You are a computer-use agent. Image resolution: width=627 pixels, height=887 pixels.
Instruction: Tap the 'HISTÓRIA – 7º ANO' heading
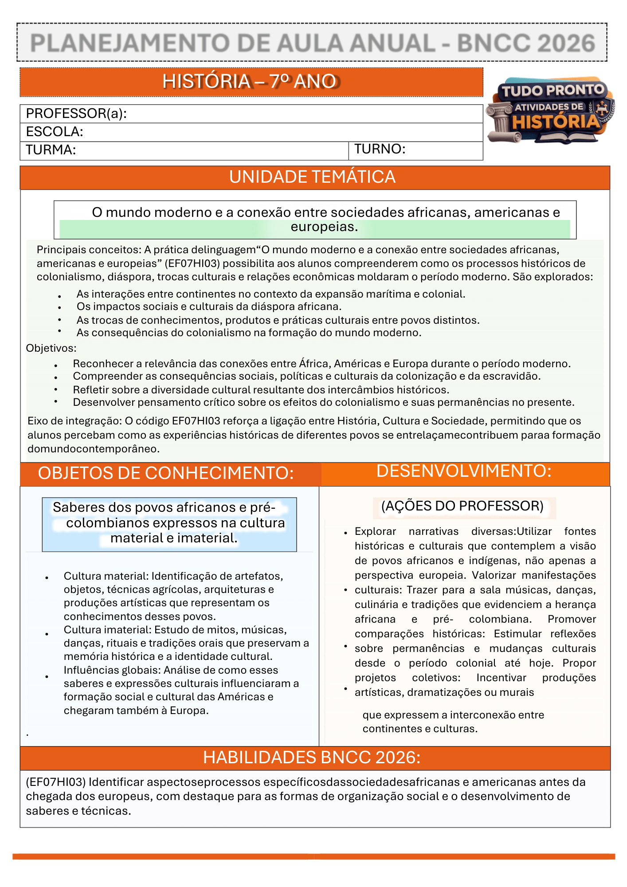[250, 82]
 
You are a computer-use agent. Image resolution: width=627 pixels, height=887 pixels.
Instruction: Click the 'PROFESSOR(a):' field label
[76, 114]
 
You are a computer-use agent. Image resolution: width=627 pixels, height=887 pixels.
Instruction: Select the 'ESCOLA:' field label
[55, 132]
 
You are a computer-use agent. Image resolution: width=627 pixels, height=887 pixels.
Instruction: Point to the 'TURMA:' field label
[51, 150]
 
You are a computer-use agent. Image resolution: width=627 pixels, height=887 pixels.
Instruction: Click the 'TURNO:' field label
[380, 149]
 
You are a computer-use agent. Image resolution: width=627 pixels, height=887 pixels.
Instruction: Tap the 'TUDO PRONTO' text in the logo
[553, 91]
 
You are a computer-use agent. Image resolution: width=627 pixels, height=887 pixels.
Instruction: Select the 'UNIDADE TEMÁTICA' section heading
[312, 177]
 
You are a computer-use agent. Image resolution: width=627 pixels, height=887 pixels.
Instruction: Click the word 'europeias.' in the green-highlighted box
[324, 227]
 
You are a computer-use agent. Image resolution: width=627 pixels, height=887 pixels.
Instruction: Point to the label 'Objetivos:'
[51, 348]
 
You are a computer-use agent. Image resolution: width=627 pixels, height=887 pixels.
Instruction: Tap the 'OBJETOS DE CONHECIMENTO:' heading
[166, 473]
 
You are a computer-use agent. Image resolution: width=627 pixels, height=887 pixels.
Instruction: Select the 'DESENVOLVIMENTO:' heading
[464, 471]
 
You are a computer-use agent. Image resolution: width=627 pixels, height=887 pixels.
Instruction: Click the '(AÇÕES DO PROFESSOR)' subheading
[462, 506]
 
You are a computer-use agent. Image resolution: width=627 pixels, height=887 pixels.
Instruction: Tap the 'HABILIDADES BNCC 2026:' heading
[312, 757]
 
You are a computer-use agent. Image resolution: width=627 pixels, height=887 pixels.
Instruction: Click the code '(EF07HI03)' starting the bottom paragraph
[55, 782]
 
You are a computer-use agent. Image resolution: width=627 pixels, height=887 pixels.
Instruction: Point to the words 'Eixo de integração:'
[74, 421]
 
